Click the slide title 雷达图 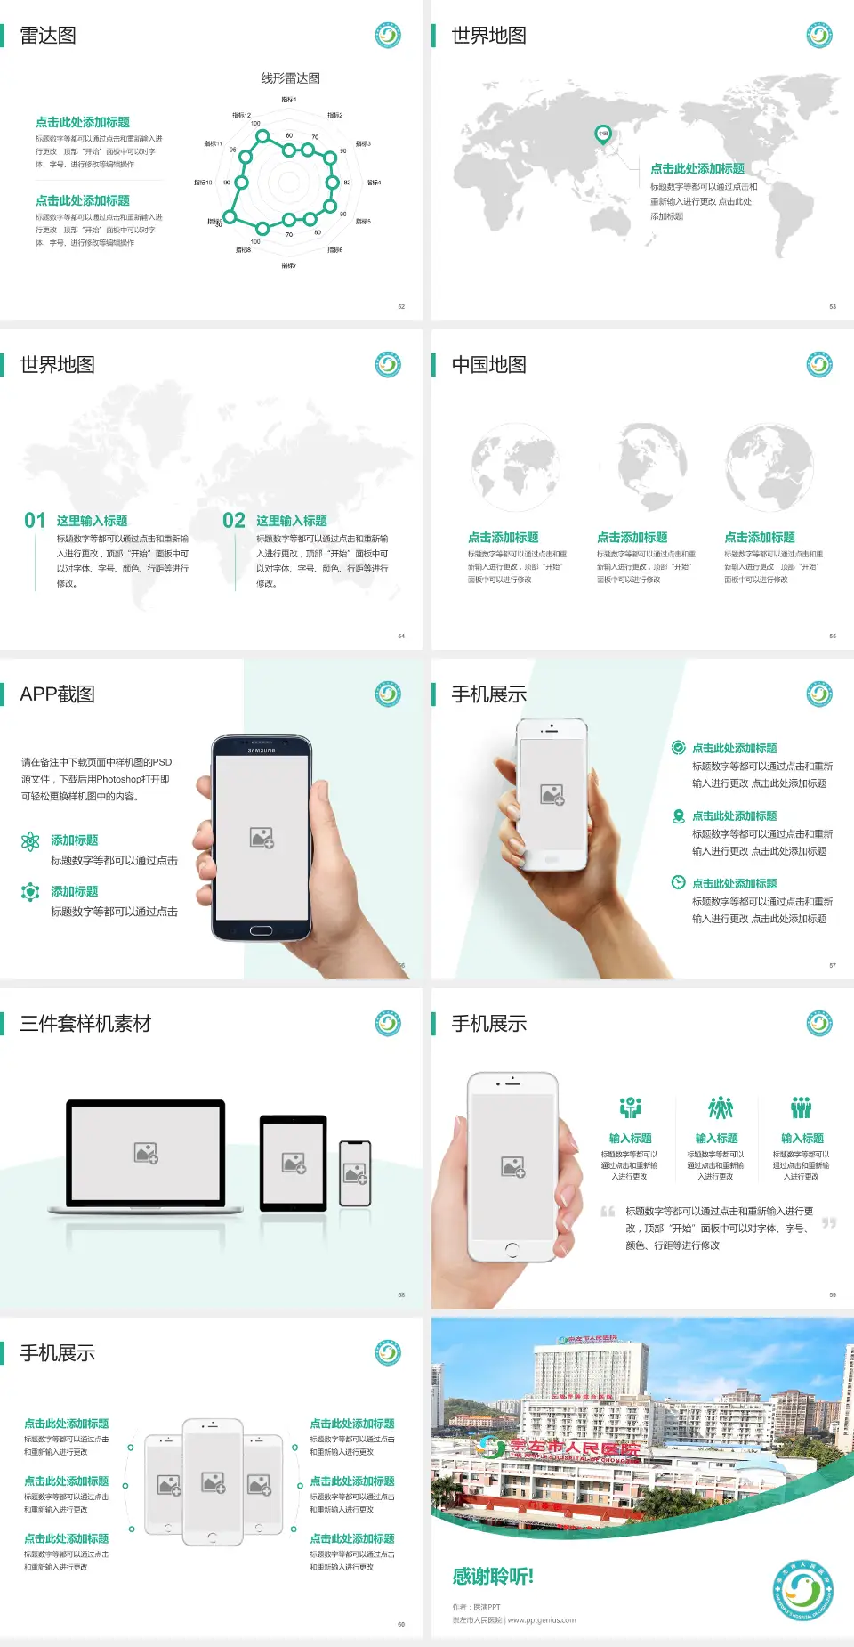[48, 36]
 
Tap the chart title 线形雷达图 [290, 78]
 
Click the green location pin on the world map [602, 134]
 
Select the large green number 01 [35, 521]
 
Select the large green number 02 [234, 521]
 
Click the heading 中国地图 [488, 365]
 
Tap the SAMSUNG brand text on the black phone [262, 750]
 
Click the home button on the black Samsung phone [261, 930]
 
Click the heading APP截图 [58, 694]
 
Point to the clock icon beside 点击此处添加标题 [678, 882]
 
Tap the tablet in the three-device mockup [294, 1163]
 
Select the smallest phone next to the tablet [355, 1173]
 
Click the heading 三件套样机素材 [85, 1024]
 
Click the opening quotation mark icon [608, 1212]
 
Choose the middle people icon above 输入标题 [719, 1107]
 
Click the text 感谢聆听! [493, 1577]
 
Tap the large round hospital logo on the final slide [802, 1589]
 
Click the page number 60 [401, 1624]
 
